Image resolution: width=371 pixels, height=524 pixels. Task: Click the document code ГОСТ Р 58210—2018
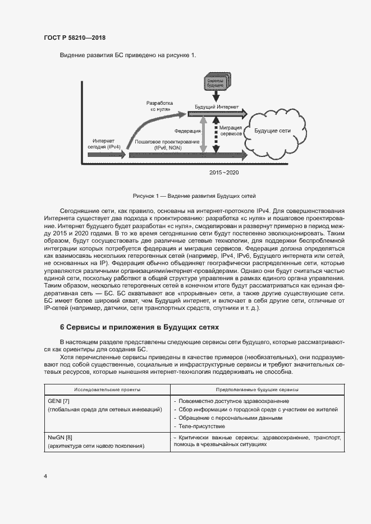point(74,38)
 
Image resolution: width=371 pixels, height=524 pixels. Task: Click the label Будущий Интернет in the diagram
point(216,106)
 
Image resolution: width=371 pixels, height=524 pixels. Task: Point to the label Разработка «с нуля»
point(160,106)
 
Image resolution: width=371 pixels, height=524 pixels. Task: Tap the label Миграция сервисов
point(231,131)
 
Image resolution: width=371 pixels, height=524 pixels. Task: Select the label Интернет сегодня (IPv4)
point(103,144)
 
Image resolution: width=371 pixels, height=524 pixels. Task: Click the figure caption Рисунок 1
point(194,196)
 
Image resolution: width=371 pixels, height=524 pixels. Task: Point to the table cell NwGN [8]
point(61,437)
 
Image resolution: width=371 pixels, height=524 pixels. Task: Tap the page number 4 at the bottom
point(45,476)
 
